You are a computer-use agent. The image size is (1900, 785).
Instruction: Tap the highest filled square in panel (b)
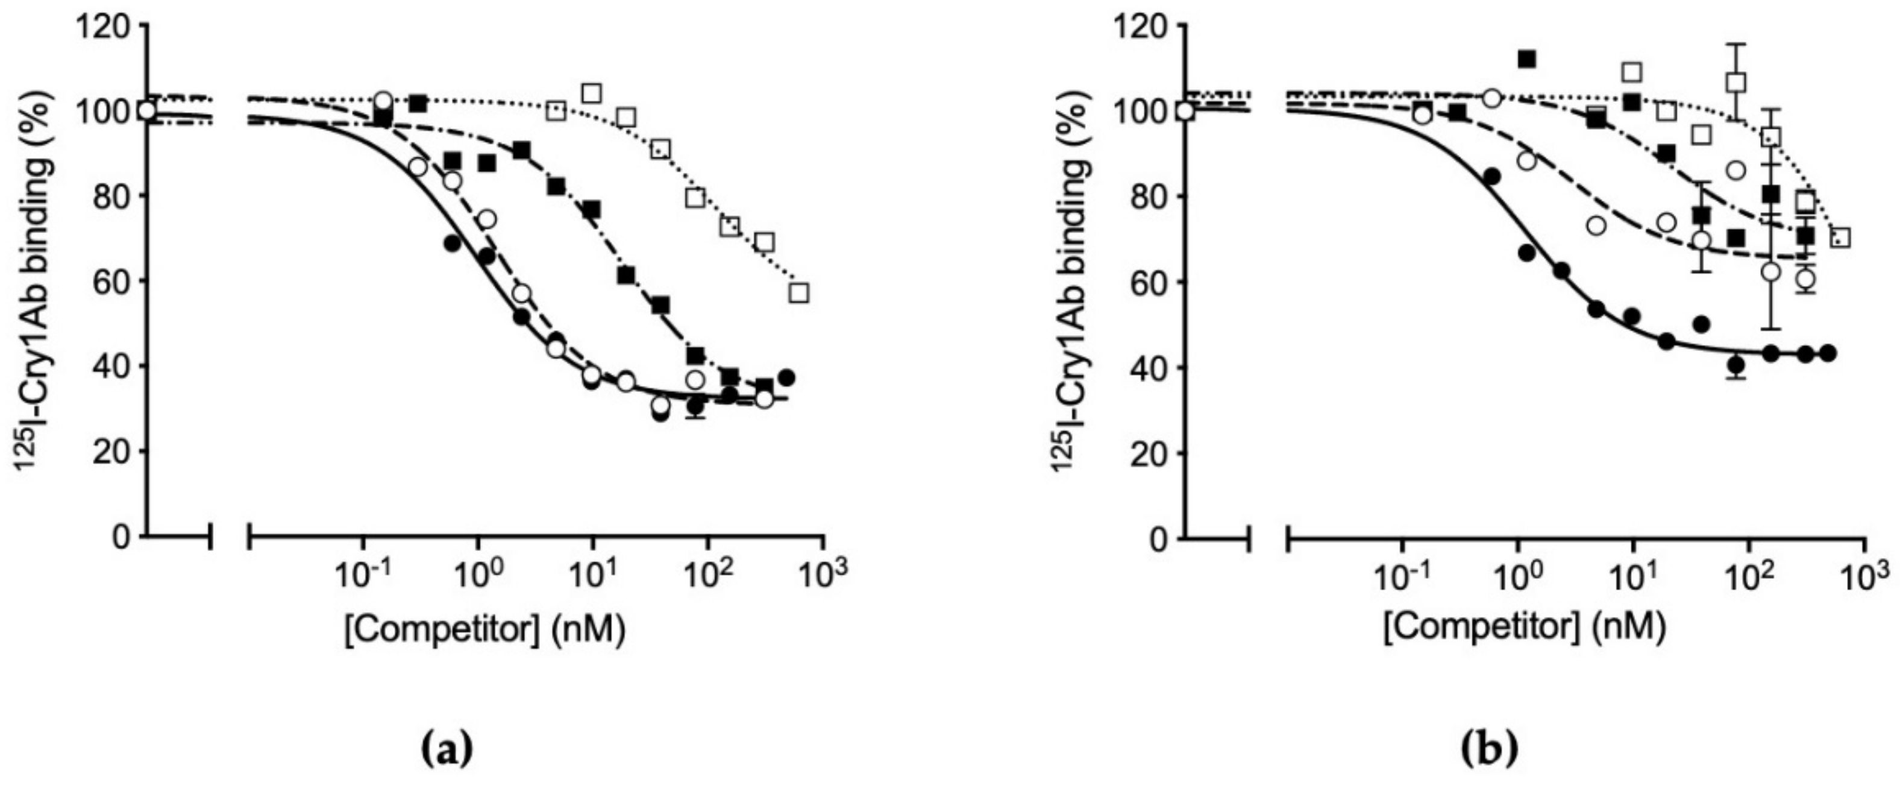tap(1527, 58)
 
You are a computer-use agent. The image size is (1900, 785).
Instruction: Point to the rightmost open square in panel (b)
tap(1841, 238)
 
